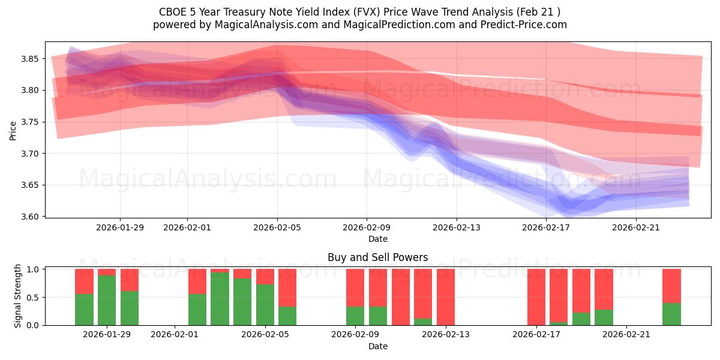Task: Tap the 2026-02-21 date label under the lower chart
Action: click(626, 334)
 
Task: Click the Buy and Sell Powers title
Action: click(377, 257)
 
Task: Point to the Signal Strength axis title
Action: click(17, 296)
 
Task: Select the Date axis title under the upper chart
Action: click(377, 239)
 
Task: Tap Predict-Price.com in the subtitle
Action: click(524, 25)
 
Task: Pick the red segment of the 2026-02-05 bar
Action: click(265, 276)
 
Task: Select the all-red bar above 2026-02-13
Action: click(445, 296)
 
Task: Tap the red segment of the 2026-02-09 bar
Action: click(355, 287)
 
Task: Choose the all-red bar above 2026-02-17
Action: click(536, 296)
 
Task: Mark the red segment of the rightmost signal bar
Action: click(671, 286)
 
